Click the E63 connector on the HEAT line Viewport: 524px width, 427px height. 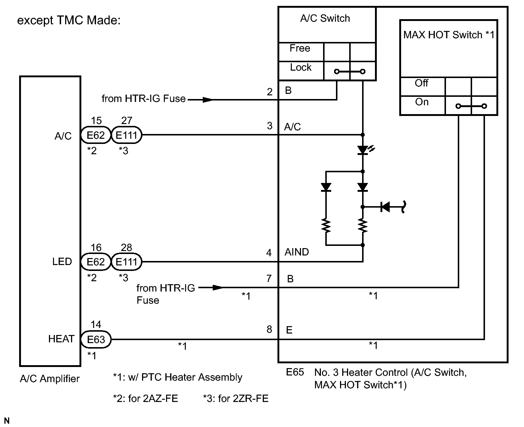click(x=96, y=339)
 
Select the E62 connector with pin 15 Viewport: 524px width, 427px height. click(x=96, y=135)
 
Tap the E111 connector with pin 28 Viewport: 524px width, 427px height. click(x=126, y=262)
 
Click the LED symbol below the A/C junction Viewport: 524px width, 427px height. click(x=363, y=150)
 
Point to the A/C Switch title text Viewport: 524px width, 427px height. click(x=325, y=18)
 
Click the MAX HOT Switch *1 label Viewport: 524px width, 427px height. click(x=449, y=35)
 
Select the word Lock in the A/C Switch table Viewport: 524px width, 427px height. click(x=301, y=68)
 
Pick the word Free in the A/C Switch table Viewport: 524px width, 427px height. click(x=300, y=49)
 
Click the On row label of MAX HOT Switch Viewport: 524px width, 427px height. click(x=422, y=102)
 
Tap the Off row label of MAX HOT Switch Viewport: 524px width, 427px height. click(x=421, y=83)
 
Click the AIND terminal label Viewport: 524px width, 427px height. click(x=297, y=252)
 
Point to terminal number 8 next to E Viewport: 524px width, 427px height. click(x=269, y=329)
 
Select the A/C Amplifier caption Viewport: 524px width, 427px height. click(x=50, y=378)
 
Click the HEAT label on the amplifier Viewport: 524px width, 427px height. click(x=61, y=339)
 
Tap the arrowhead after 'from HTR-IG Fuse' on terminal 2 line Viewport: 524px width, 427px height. click(x=207, y=99)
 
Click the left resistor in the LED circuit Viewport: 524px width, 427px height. click(x=326, y=226)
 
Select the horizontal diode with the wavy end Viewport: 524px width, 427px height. click(x=386, y=207)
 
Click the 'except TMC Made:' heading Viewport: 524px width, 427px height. click(x=69, y=21)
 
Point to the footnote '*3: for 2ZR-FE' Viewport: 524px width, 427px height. click(x=236, y=398)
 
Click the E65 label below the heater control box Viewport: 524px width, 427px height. click(x=295, y=372)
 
